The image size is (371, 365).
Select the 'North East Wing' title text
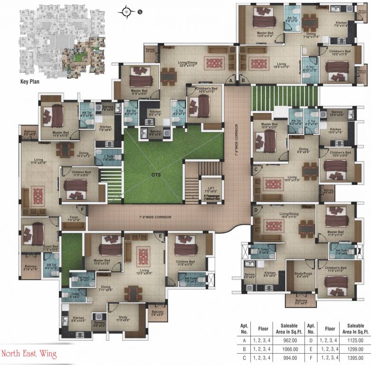click(x=29, y=354)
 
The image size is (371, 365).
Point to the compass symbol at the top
click(x=127, y=10)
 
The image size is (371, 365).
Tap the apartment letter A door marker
click(x=231, y=81)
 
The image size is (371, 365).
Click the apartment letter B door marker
click(x=243, y=81)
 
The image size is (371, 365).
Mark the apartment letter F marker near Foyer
click(x=83, y=209)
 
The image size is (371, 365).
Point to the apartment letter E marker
click(x=161, y=235)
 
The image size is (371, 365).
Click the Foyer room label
click(x=74, y=218)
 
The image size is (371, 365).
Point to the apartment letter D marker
click(x=256, y=209)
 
